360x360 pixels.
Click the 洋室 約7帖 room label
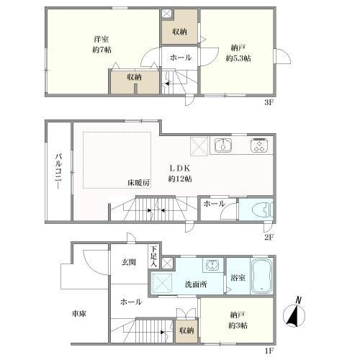pyautogui.click(x=102, y=43)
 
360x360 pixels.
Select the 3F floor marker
pyautogui.click(x=269, y=102)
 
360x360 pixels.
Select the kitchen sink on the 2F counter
pyautogui.click(x=223, y=145)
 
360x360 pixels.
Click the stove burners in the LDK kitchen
pyautogui.click(x=258, y=145)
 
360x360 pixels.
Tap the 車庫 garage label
pyautogui.click(x=80, y=314)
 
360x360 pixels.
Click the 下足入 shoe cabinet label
pyautogui.click(x=154, y=255)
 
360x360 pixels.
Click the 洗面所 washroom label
pyautogui.click(x=193, y=284)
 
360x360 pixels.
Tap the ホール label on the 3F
pyautogui.click(x=180, y=57)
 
